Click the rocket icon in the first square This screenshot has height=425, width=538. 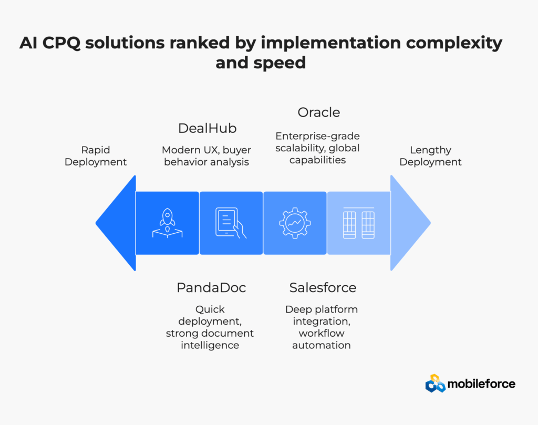coord(167,223)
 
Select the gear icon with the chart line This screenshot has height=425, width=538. coord(295,223)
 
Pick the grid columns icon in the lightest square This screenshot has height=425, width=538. coord(358,223)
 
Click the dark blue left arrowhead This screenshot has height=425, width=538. coord(117,223)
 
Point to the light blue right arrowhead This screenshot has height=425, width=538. coord(409,223)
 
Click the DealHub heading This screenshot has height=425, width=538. coord(207,128)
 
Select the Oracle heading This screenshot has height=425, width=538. coord(319,112)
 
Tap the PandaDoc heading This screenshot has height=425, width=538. coord(211,287)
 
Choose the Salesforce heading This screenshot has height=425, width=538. coord(323,287)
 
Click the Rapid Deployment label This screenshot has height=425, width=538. coord(96,156)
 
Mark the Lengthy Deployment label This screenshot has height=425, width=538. coord(430,156)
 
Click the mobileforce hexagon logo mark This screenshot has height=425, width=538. coord(435,383)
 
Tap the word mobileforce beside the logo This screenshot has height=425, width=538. coord(481,384)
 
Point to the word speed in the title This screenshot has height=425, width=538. coord(280,63)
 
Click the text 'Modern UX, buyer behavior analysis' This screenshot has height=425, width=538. coord(206,156)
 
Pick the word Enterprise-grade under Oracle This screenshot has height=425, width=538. coord(317,136)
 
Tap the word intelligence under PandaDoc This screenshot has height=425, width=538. coord(210,345)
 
